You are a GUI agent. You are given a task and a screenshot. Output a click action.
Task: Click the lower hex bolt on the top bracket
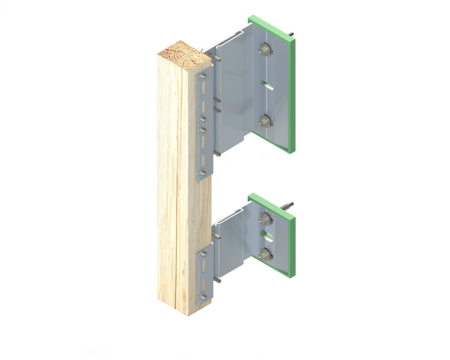pyautogui.click(x=265, y=120)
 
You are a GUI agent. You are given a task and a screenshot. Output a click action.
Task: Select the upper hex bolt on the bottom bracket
pyautogui.click(x=265, y=220)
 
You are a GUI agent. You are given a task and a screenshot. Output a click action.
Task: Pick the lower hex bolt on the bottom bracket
pyautogui.click(x=266, y=253)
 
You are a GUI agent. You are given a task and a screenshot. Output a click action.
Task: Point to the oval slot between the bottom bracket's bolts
pyautogui.click(x=267, y=235)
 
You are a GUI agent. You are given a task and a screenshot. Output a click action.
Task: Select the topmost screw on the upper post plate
pyautogui.click(x=203, y=76)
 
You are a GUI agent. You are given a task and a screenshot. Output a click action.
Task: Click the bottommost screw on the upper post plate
pyautogui.click(x=203, y=172)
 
